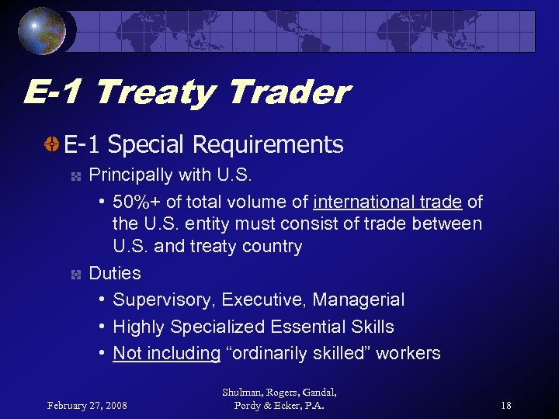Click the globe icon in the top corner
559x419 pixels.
pyautogui.click(x=43, y=30)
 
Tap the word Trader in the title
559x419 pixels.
pyautogui.click(x=288, y=93)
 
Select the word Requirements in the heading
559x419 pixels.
pyautogui.click(x=268, y=144)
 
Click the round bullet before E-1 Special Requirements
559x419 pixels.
pyautogui.click(x=52, y=144)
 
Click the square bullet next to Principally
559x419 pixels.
pyautogui.click(x=75, y=176)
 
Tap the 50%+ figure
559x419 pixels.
pyautogui.click(x=137, y=203)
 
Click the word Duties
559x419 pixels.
pyautogui.click(x=115, y=273)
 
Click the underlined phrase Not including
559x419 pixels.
pyautogui.click(x=166, y=353)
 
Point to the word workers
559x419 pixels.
pyautogui.click(x=410, y=353)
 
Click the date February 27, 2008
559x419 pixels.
pyautogui.click(x=88, y=404)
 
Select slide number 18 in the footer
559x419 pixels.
pyautogui.click(x=505, y=404)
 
